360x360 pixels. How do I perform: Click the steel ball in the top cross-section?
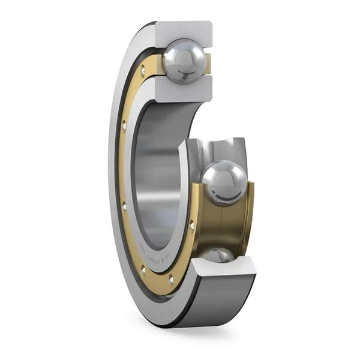pos(184,61)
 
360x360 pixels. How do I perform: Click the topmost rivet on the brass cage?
pos(143,73)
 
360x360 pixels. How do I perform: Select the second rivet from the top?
pos(124,125)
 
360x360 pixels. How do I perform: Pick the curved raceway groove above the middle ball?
pos(219,150)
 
